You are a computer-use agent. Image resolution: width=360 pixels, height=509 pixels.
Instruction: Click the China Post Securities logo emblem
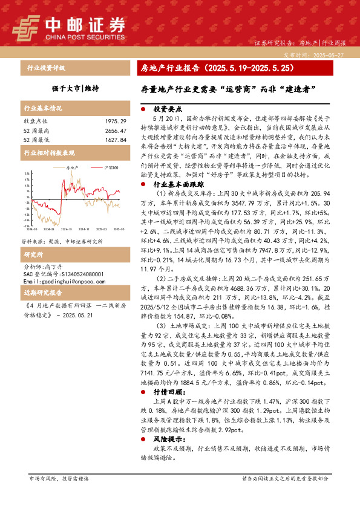point(25,27)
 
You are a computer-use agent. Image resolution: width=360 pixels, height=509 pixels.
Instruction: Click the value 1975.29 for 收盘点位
point(114,122)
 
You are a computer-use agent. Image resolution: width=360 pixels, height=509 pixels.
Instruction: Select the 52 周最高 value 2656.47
point(114,131)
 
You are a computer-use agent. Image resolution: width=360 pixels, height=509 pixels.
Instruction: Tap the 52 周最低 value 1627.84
point(114,140)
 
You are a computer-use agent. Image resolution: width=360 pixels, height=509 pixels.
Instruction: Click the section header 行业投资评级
point(46,68)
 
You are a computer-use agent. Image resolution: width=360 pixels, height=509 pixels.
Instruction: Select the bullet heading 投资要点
point(166,109)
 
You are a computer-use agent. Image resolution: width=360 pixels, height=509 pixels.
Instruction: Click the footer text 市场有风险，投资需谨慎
point(59,495)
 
